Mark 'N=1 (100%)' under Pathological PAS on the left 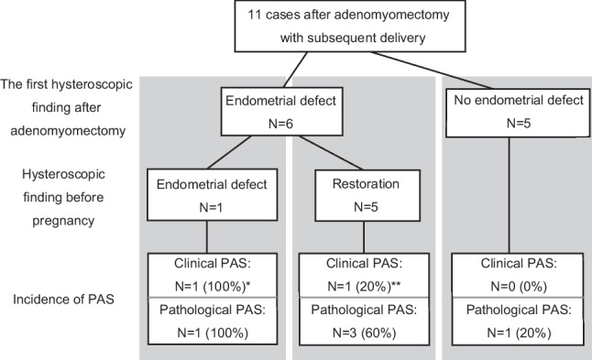coord(214,333)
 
